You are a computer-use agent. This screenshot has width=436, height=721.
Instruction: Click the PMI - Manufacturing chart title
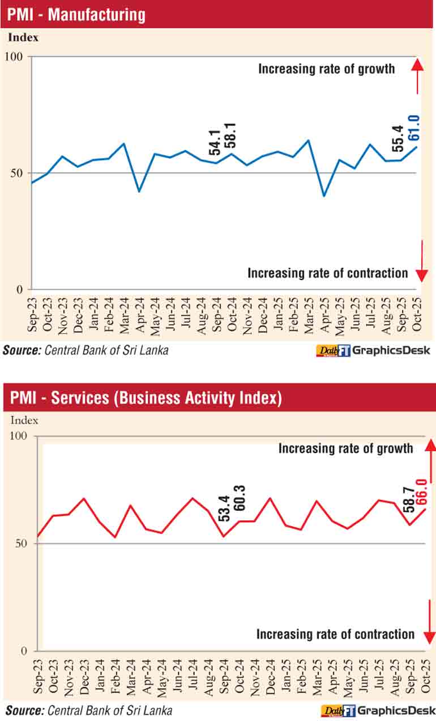click(x=76, y=15)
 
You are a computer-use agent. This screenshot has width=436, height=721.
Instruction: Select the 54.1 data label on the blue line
click(x=214, y=142)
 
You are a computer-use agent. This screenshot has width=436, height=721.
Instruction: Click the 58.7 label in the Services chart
click(x=407, y=497)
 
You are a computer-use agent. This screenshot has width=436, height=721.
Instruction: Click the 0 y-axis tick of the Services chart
click(x=24, y=651)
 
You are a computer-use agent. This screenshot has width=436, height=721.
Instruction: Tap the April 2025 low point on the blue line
click(x=324, y=196)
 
